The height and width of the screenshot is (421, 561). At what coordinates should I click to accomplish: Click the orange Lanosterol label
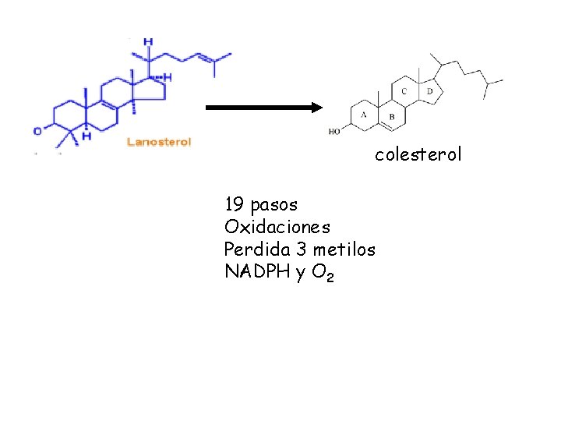click(x=158, y=142)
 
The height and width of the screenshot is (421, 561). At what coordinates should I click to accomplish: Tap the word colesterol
click(x=418, y=154)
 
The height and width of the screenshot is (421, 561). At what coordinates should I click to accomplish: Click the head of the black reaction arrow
click(x=316, y=108)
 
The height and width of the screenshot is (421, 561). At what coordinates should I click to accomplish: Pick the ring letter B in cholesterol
click(x=391, y=117)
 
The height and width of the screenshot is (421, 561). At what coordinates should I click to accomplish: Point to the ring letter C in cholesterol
click(x=404, y=91)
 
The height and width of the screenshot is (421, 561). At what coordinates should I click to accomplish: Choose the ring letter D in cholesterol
click(x=429, y=91)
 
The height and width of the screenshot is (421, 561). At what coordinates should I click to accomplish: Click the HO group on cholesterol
click(x=334, y=132)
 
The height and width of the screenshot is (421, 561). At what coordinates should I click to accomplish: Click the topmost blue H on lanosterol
click(x=148, y=41)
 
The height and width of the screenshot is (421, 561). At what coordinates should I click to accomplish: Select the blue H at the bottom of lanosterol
click(x=86, y=136)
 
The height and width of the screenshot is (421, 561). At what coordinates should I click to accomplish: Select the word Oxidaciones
click(x=277, y=228)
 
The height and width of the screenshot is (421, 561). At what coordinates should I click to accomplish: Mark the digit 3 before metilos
click(x=300, y=250)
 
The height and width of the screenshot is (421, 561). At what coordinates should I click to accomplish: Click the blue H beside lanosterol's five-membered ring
click(x=167, y=77)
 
